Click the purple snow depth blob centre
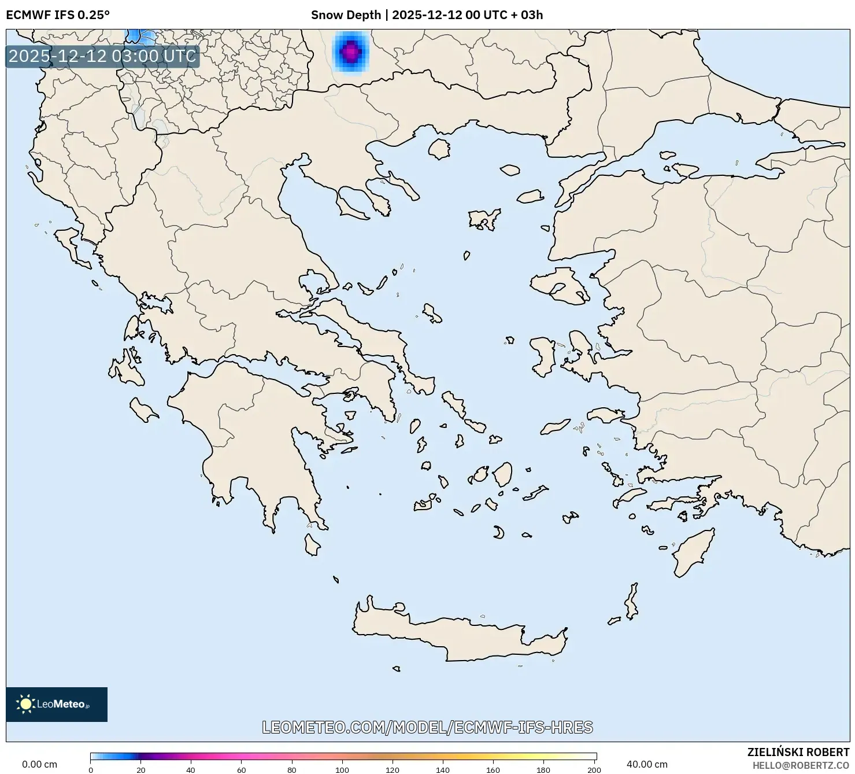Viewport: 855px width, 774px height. [350, 52]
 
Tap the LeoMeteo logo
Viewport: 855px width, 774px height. [56, 704]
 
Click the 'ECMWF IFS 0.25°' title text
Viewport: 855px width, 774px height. [57, 15]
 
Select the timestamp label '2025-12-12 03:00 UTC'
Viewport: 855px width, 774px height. [102, 56]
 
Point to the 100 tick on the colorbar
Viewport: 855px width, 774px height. [342, 769]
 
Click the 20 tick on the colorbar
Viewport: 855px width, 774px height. [141, 769]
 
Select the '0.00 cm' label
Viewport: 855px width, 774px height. [39, 764]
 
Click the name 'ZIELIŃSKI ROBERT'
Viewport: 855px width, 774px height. [798, 753]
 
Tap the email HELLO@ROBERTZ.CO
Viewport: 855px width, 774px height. [801, 765]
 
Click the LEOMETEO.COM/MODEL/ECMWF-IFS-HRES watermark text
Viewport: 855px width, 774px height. [427, 727]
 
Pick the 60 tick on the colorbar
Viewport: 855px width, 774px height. [242, 769]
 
